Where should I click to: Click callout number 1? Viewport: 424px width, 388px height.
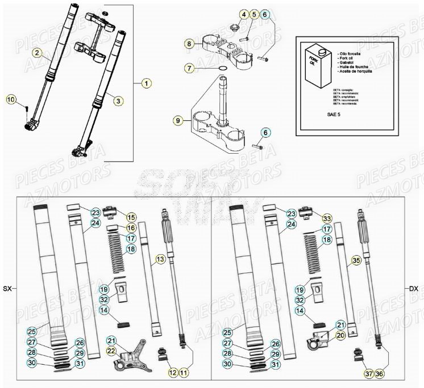pos(146,83)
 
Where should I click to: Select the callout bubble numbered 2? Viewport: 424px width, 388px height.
pos(37,53)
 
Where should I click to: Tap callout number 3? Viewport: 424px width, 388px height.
pos(118,101)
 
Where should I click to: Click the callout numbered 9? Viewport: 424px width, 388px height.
pos(178,120)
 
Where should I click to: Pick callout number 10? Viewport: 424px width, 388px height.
pos(11,99)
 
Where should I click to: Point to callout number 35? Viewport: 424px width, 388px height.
pos(356,260)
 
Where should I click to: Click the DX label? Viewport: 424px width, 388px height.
pos(414,289)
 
